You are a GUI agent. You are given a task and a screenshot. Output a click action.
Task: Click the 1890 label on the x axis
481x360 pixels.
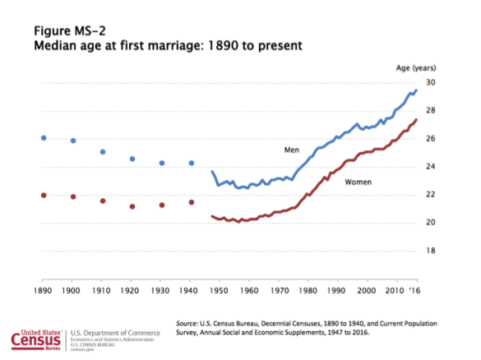coord(43,292)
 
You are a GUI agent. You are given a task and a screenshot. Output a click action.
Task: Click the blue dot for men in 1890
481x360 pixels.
coord(43,137)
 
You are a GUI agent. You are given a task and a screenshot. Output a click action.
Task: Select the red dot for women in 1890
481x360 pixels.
coord(43,195)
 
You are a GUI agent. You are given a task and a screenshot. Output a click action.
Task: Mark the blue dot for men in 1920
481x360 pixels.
coord(132,159)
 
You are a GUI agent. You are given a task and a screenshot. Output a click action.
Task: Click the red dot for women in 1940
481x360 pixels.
coord(192,202)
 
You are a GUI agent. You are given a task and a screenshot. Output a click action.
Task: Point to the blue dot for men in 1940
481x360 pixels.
coord(192,163)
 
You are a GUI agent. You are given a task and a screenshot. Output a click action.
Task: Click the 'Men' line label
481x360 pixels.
coord(292,150)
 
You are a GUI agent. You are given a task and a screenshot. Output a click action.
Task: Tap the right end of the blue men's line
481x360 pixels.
coord(417,90)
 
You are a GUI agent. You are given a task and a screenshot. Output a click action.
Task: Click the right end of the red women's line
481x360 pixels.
coord(417,120)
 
